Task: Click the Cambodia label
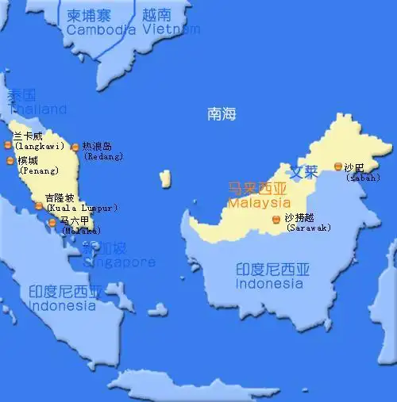coord(102,29)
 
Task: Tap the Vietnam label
coord(172,29)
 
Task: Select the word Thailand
coord(37,109)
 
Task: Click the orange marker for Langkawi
coord(8,144)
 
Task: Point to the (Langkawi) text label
coord(39,146)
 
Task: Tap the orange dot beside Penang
coord(10,161)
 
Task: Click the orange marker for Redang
coord(75,147)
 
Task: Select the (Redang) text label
coord(103,157)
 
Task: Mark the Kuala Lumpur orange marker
coord(38,206)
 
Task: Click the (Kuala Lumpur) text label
coord(82,208)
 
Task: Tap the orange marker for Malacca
coord(52,223)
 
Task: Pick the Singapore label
coord(118,262)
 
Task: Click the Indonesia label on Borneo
coord(269,283)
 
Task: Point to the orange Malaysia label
coord(260,203)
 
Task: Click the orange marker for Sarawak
coord(276,219)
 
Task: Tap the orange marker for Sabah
coord(338,167)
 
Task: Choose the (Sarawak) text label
coord(308,228)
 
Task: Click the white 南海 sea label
coord(222,114)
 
